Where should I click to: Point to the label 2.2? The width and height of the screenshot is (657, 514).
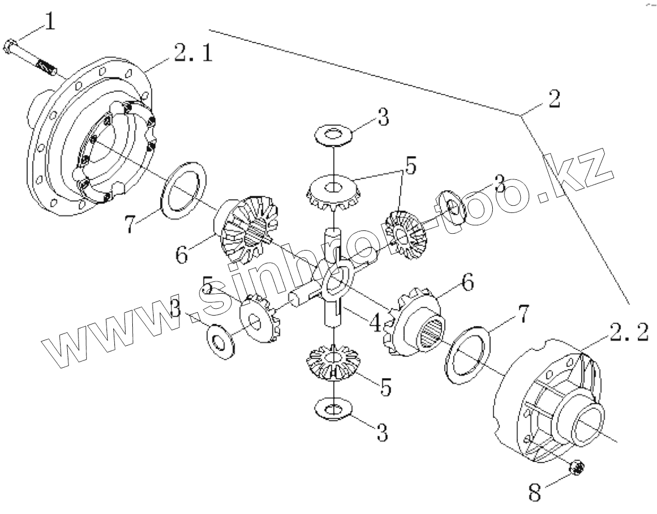point(627,333)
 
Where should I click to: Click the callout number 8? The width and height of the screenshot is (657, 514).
point(536,492)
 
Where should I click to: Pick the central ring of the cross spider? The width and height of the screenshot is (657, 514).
point(336,276)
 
